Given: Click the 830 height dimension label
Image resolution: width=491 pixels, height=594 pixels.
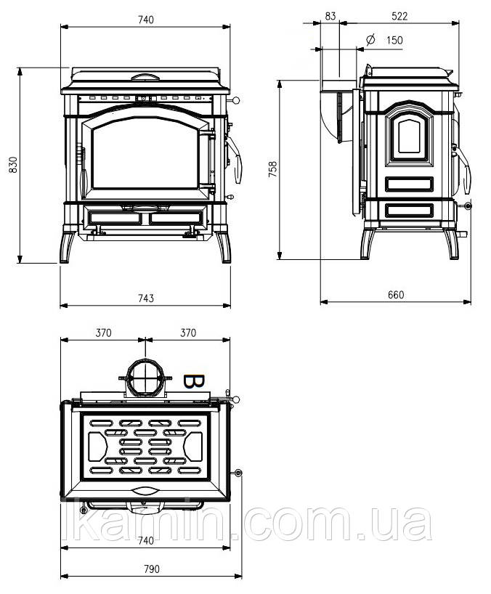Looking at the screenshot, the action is (13, 165).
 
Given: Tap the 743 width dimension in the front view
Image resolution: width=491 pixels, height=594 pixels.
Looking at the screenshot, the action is (146, 298).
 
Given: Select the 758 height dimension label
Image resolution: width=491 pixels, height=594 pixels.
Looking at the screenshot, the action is (272, 169).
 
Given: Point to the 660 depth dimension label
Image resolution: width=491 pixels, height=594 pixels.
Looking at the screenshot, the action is (396, 295).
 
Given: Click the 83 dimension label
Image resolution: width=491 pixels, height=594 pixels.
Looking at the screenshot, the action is (330, 16).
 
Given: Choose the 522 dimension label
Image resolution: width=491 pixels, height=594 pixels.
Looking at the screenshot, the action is (399, 16).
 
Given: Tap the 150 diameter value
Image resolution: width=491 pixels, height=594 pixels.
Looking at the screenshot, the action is (394, 40).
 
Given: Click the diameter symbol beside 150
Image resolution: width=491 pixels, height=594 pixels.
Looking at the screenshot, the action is (370, 39).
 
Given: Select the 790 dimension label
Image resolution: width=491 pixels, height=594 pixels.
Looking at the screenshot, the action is (152, 569).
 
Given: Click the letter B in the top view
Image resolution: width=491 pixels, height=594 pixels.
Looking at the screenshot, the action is (194, 381).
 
